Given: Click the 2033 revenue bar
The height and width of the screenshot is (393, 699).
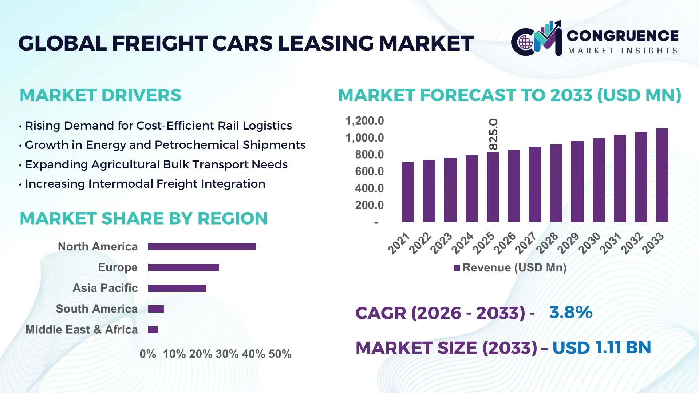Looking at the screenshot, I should click(662, 175).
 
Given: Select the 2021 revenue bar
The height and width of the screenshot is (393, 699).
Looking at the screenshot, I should click(408, 192).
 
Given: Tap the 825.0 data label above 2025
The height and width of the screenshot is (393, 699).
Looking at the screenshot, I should click(493, 134).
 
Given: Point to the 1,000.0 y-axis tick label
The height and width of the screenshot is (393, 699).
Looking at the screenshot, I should click(364, 138).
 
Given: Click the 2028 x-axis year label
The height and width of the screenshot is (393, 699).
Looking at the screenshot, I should click(546, 243).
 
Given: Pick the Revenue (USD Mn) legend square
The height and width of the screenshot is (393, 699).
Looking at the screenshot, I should click(457, 268).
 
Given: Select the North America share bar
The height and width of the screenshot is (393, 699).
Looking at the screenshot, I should click(202, 247).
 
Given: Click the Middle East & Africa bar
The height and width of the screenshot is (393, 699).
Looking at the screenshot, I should click(153, 330).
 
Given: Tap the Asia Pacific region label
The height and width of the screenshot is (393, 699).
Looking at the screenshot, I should click(105, 288).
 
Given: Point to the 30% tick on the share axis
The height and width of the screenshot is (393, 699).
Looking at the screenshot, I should click(227, 354).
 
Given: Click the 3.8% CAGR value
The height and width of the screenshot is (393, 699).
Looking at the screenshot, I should click(570, 312).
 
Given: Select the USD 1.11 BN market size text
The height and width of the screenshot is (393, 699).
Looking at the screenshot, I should click(601, 348).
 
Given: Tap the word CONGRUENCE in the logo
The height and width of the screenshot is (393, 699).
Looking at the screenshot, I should click(623, 36).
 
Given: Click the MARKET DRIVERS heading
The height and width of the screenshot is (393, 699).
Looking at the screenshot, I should click(100, 95).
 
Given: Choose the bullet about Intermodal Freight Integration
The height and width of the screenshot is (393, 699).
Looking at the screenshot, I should click(145, 184).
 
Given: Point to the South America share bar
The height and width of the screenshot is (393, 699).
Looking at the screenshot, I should click(156, 309).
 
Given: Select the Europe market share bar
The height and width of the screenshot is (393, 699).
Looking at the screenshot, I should click(183, 267).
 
